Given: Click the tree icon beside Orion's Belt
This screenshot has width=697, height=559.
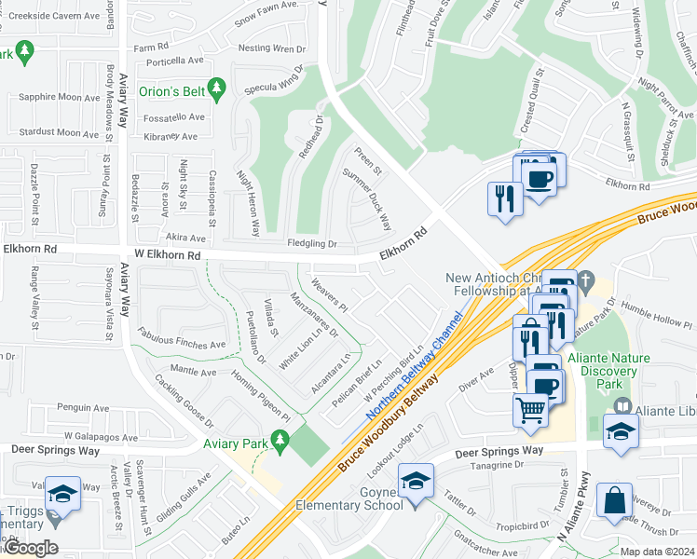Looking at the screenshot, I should click(217, 90).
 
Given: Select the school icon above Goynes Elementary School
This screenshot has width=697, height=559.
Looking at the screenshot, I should click(416, 480).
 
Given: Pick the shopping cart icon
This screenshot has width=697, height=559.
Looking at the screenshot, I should click(530, 409).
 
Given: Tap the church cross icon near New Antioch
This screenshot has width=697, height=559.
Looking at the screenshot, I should click(586, 279).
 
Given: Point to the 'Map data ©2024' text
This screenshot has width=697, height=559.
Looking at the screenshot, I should click(658, 552).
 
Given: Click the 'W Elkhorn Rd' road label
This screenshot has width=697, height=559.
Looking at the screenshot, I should click(168, 254).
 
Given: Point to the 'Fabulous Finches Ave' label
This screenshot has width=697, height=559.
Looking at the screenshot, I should click(182, 339).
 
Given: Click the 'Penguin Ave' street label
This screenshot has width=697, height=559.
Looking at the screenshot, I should click(82, 407).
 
